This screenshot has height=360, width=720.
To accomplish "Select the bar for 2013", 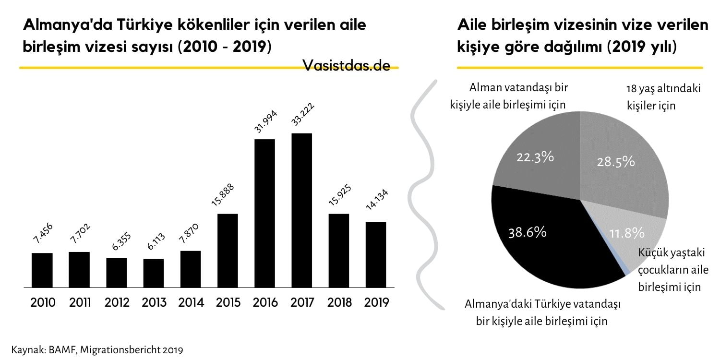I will pyautogui.click(x=154, y=273).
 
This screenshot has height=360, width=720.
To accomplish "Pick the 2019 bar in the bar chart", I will pyautogui.click(x=375, y=254).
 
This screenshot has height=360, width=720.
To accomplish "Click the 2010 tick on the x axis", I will pyautogui.click(x=43, y=303).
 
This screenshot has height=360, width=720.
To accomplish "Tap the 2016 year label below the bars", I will pyautogui.click(x=264, y=303).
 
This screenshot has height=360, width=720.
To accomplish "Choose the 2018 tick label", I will pyautogui.click(x=339, y=303).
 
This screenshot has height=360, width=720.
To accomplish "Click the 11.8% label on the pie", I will pyautogui.click(x=626, y=234).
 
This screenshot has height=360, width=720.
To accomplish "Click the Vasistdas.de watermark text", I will pyautogui.click(x=346, y=66).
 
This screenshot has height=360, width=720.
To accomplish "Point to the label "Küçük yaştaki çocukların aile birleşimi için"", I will pyautogui.click(x=673, y=270).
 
